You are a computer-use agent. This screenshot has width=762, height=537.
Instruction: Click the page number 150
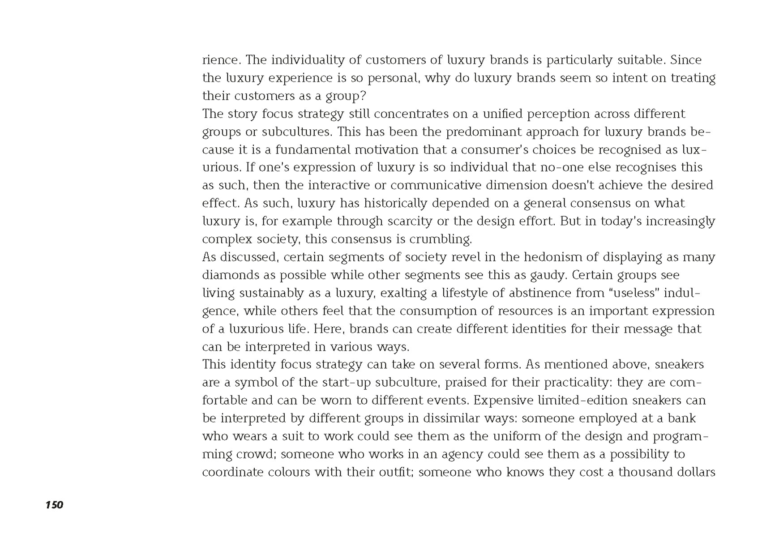click(54, 505)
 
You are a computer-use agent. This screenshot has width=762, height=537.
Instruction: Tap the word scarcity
click(408, 221)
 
